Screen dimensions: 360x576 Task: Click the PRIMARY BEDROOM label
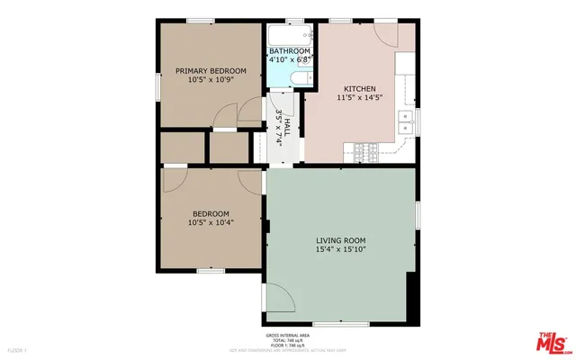tap(211, 69)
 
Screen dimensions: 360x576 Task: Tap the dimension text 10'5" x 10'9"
tap(211, 80)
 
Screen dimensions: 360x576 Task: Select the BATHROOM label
tap(291, 50)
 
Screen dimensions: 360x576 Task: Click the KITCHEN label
tap(357, 87)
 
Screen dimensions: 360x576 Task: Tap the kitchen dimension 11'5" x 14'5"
tap(357, 97)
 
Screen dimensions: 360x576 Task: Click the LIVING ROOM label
tap(341, 240)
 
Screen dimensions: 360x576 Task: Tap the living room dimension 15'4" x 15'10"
tap(341, 250)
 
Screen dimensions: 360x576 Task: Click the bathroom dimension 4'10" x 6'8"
tap(291, 60)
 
